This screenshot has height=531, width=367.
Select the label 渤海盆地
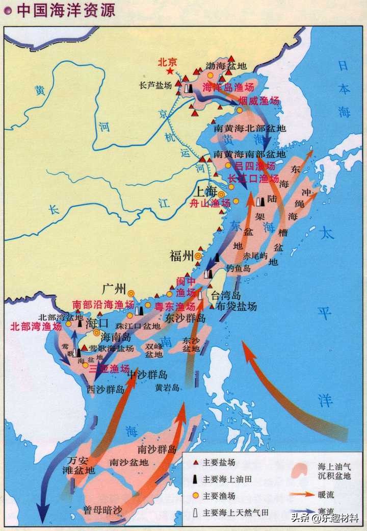(x=226, y=66)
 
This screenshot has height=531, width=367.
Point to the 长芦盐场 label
(x=155, y=86)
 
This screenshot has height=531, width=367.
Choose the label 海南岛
(x=116, y=337)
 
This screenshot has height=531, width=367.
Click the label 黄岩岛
(x=168, y=388)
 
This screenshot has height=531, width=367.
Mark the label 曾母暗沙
(x=103, y=510)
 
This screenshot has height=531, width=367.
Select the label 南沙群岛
(x=157, y=449)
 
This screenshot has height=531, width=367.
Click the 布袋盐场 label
(x=236, y=306)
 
